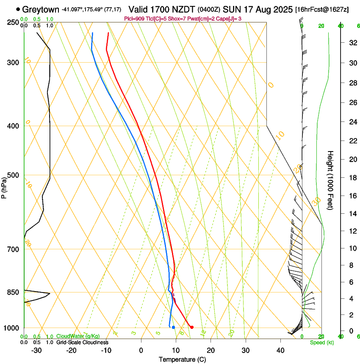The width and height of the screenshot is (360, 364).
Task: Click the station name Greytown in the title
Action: [41, 9]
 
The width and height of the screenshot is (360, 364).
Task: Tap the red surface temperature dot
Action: [192, 327]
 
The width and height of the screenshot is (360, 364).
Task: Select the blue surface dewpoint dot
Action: [173, 327]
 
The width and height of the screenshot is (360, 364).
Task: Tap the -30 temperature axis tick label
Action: [36, 350]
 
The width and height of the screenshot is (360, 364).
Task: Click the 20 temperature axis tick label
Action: [210, 350]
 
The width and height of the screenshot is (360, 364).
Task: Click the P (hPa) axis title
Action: [4, 187]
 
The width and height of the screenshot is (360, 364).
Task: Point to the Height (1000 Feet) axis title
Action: [331, 180]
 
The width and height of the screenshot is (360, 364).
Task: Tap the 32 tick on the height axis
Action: [352, 43]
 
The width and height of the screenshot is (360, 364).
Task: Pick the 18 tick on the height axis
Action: [352, 178]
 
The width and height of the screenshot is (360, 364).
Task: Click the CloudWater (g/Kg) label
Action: [78, 336]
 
